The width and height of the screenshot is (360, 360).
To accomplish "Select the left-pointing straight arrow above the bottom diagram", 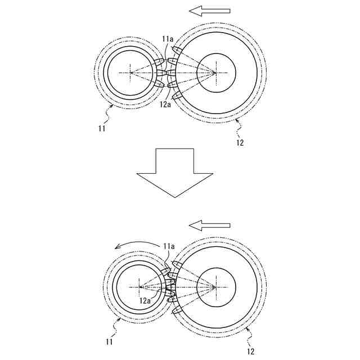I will pos(209,226).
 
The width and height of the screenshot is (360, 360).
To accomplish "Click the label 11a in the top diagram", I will pos(168,39).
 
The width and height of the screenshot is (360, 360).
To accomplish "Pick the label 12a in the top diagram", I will pos(165,104).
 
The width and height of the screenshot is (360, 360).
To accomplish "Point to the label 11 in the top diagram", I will pos(101,129).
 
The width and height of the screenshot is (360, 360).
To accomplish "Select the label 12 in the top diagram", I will pos(240,142).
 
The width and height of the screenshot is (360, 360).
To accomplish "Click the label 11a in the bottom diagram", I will pos(169,246).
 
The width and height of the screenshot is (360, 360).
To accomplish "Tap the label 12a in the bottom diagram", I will pos(145,301).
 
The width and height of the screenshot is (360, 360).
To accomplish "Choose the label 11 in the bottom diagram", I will pos(109,341).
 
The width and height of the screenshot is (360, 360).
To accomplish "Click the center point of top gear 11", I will pos(130,73).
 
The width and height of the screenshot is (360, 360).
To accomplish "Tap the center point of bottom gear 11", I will pos(139,286).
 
